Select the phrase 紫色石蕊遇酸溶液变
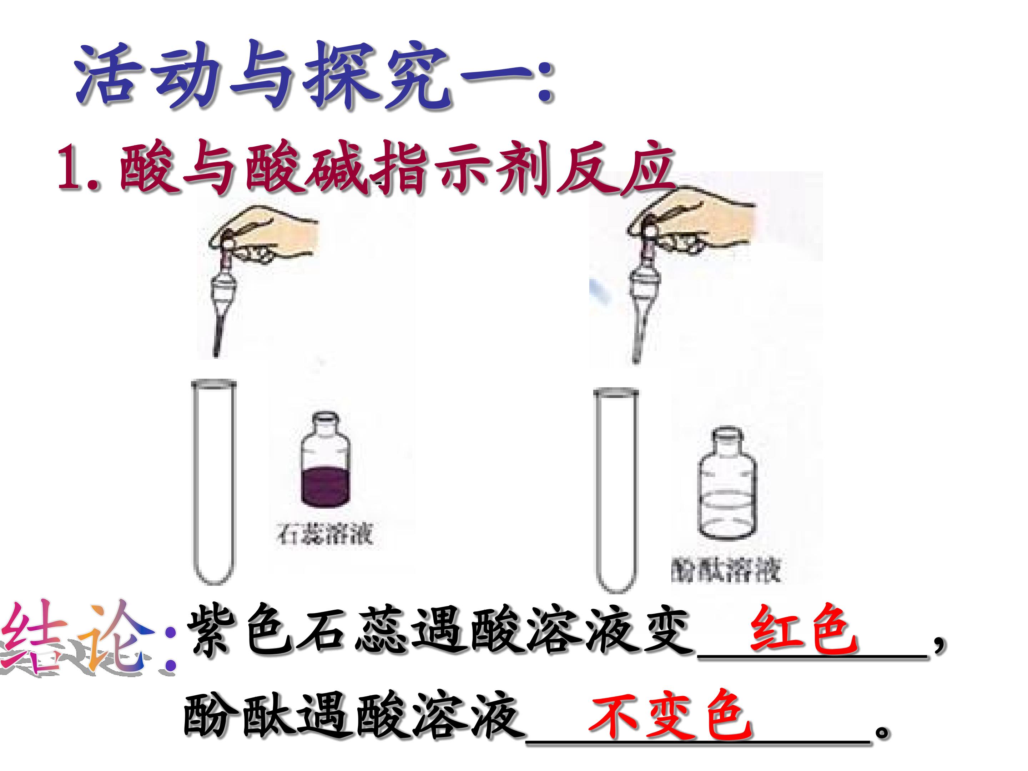pyautogui.click(x=439, y=632)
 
